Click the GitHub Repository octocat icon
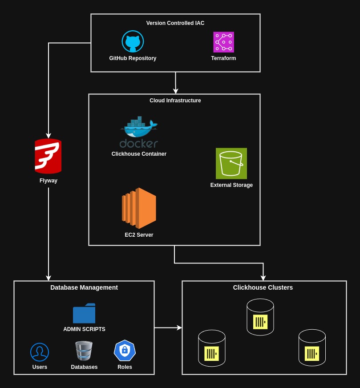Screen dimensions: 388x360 [x=133, y=41]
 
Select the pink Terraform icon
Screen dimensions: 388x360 [x=223, y=42]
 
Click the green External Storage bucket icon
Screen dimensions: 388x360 [x=231, y=163]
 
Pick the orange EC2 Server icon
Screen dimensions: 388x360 [x=139, y=208]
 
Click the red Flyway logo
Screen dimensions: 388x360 [x=48, y=156]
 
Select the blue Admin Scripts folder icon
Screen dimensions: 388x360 [x=84, y=314]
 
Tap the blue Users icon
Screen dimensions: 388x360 [x=40, y=352]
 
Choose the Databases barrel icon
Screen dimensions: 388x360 [x=84, y=351]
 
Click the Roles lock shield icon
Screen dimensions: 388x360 [x=125, y=351]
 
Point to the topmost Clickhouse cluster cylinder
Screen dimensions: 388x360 [x=260, y=317]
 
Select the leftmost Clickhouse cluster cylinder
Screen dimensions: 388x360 [x=211, y=348]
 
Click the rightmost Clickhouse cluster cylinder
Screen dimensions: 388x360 [x=312, y=348]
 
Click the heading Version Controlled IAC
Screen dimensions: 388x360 [x=175, y=23]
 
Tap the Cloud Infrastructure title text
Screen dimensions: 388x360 [x=175, y=101]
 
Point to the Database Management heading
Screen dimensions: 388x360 [x=84, y=287]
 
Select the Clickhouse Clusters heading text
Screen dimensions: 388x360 [x=263, y=287]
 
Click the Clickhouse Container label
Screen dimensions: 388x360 [x=139, y=154]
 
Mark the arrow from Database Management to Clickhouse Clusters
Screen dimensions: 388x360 [x=168, y=327]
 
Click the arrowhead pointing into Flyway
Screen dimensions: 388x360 [x=49, y=135]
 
